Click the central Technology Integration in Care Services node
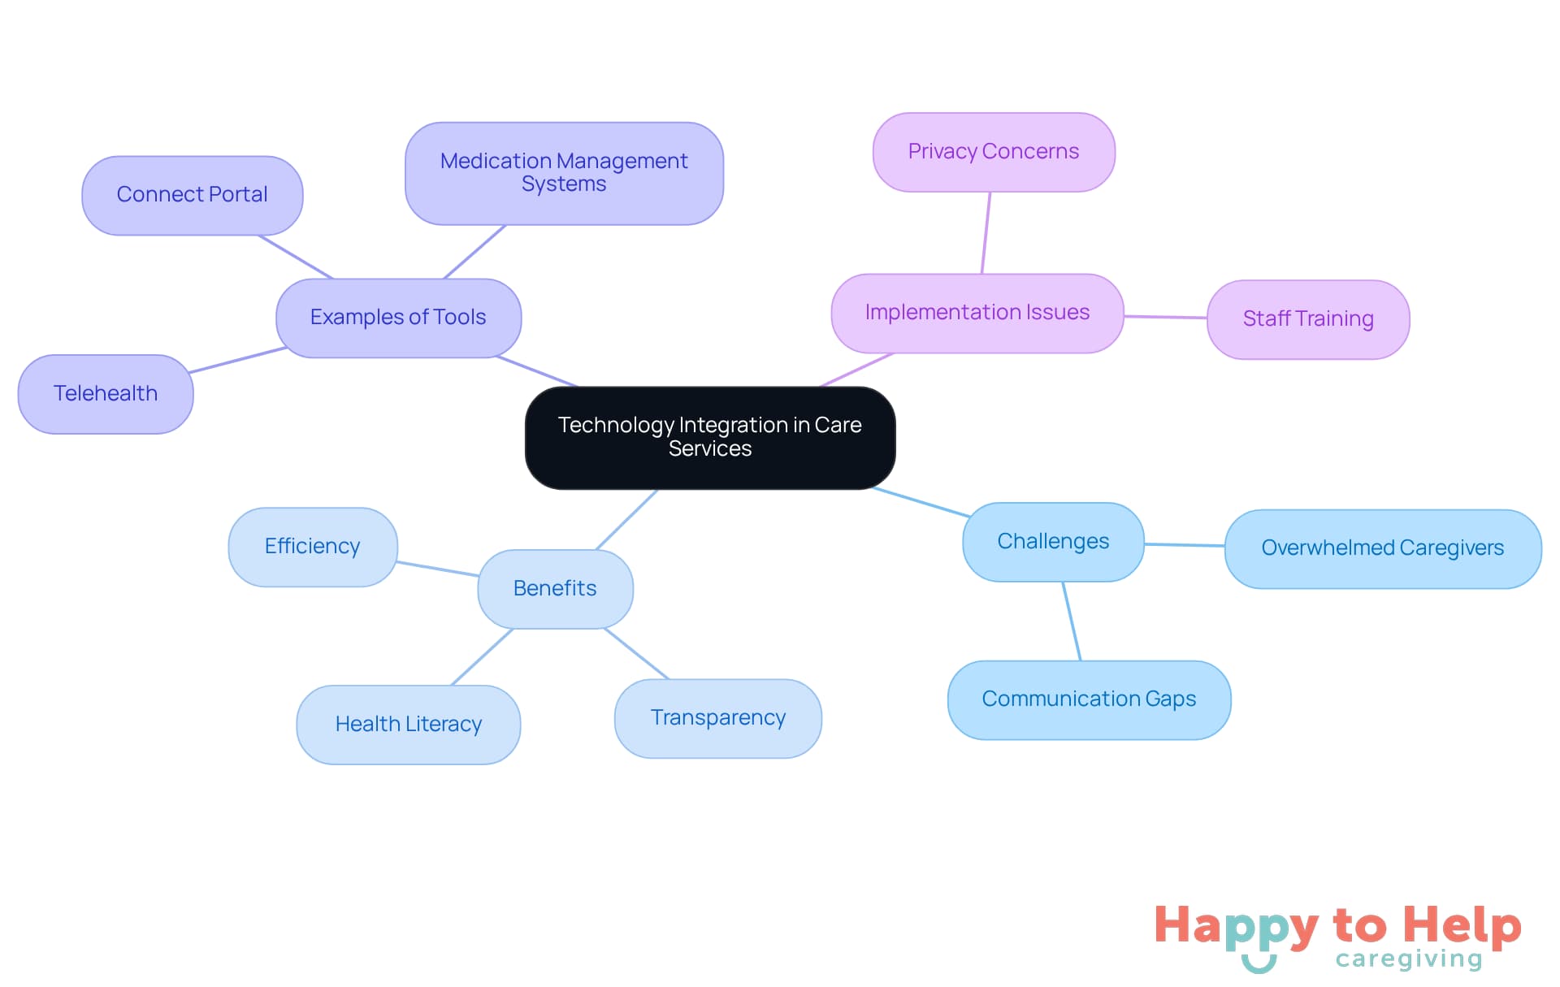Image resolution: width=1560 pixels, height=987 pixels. click(710, 437)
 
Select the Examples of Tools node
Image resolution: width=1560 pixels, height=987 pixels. click(398, 318)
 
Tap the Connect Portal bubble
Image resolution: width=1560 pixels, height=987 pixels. click(193, 195)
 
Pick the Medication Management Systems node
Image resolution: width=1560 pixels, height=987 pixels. click(564, 173)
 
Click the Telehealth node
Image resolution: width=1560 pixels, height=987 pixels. click(106, 394)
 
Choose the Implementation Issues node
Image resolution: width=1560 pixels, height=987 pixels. click(977, 313)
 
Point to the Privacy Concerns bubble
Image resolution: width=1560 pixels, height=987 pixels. click(993, 152)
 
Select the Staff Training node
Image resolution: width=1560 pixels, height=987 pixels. click(1307, 319)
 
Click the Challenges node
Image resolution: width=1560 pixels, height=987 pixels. click(1053, 542)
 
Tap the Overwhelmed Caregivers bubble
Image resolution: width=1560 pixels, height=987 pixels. click(1382, 548)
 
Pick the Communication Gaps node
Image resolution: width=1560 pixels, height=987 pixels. click(1089, 699)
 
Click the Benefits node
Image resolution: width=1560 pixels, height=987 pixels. click(555, 589)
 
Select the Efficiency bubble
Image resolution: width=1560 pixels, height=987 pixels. click(313, 547)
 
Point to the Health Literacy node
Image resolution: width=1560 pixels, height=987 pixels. click(409, 725)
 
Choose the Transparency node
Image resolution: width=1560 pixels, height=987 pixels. click(718, 718)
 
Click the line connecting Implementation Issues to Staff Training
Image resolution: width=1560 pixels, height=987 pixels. click(1165, 317)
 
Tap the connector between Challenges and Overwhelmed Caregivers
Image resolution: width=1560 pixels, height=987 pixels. click(1184, 545)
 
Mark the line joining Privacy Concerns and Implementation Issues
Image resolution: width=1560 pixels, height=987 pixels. click(986, 232)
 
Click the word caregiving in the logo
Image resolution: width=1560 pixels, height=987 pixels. click(1409, 959)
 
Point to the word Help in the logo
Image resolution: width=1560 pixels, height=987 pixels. click(1462, 926)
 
